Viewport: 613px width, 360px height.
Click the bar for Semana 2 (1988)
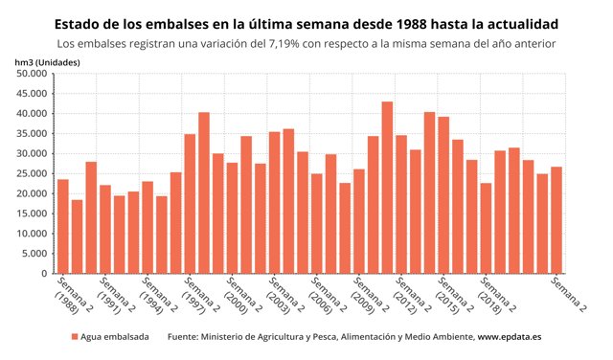click(x=62, y=226)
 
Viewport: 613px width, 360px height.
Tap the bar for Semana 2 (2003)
click(x=274, y=202)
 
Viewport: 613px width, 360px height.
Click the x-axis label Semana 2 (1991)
click(x=111, y=298)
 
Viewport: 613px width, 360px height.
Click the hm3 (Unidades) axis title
click(x=48, y=61)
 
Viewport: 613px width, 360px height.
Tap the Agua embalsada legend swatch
click(x=75, y=338)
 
